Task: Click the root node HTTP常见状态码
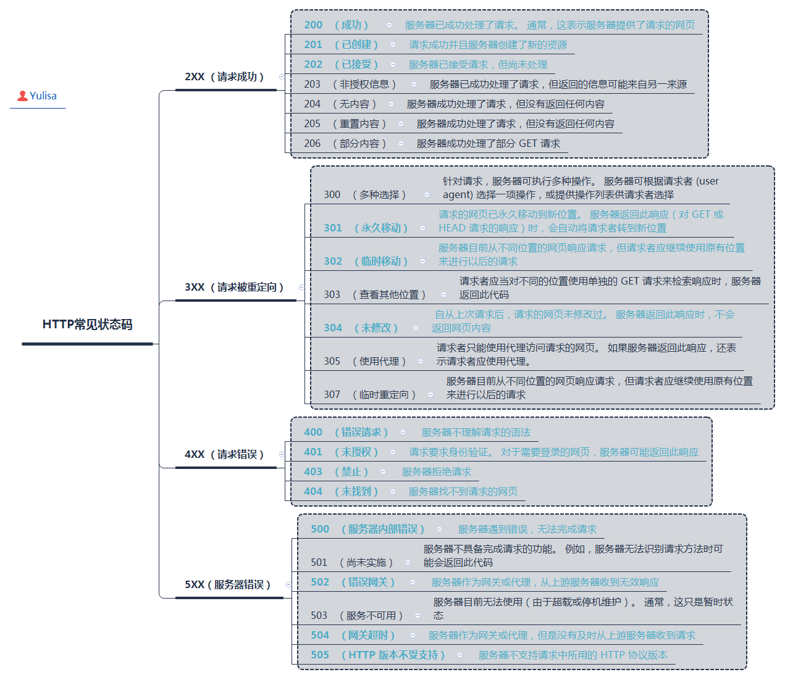coord(87,325)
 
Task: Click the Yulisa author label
coord(43,96)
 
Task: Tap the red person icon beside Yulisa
coord(22,96)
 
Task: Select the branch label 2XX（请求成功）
coord(225,77)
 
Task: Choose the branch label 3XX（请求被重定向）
coord(235,288)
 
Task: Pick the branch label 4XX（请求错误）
coord(225,455)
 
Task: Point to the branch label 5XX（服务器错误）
coord(228,585)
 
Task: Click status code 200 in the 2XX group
coord(313,25)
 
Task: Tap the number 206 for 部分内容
coord(313,144)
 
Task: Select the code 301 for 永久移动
coord(333,228)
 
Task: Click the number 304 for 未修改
coord(333,328)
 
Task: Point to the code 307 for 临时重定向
coord(332,395)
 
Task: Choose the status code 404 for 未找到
coord(313,492)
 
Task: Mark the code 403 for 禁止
coord(313,472)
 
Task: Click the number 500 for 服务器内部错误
coord(320,529)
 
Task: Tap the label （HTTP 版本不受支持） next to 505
coord(393,655)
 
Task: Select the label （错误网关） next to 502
coord(368,583)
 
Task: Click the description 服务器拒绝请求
coord(437,472)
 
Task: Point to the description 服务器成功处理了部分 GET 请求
coord(489,144)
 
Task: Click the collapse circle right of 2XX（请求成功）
coord(282,77)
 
